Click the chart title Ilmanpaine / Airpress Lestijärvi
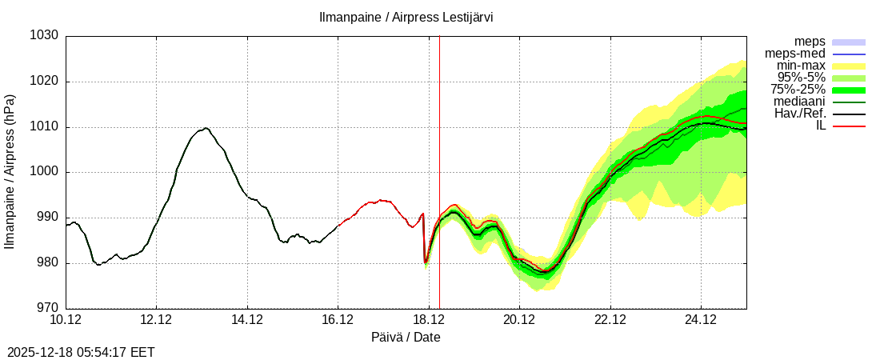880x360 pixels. point(406,17)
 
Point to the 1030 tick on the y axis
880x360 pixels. point(44,36)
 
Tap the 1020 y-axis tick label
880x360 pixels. point(44,82)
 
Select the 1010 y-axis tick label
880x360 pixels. point(44,126)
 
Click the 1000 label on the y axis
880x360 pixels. point(44,172)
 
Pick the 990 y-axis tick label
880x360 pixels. point(47,218)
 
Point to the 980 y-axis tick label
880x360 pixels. point(47,262)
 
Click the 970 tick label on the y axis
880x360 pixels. point(47,308)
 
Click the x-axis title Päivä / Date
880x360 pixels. point(406,338)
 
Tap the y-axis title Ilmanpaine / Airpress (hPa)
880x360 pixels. point(10,172)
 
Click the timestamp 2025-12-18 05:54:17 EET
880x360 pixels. point(81,352)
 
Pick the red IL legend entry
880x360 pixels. point(821,126)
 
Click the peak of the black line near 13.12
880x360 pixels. point(206,128)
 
